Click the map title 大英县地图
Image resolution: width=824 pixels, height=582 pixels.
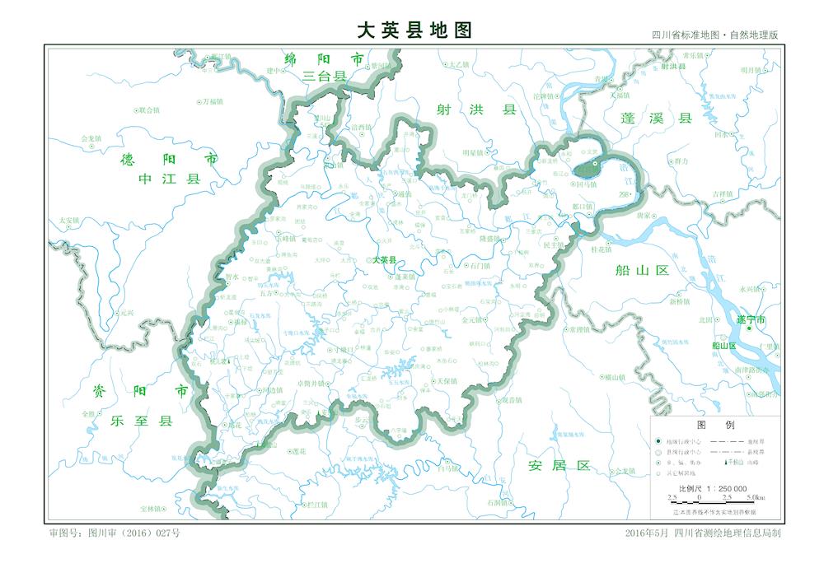click(x=414, y=30)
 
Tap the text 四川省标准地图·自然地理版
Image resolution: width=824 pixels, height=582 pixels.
click(x=714, y=35)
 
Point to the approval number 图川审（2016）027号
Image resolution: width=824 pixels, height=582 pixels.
click(x=115, y=533)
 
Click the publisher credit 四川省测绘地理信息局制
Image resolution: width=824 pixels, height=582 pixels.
click(x=726, y=533)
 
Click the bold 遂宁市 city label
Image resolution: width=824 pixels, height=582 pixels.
click(x=751, y=319)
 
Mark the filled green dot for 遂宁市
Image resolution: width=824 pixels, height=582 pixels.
click(x=749, y=328)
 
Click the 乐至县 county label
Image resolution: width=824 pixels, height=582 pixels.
click(x=143, y=421)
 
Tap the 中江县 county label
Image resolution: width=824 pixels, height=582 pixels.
click(x=170, y=178)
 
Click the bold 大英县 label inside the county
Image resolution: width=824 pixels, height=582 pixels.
click(x=384, y=260)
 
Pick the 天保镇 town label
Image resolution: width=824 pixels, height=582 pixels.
click(x=445, y=382)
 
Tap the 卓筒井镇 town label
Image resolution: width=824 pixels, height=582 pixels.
click(x=316, y=384)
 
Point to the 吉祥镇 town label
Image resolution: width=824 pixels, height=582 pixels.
click(x=722, y=194)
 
